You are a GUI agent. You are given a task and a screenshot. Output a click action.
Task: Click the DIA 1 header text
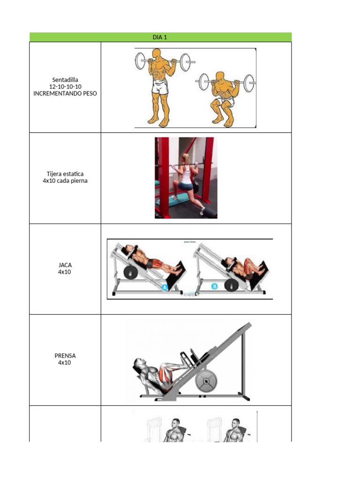point(160,37)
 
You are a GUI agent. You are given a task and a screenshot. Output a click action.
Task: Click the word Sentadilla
point(65,80)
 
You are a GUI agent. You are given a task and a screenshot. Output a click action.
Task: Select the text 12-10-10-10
point(65,87)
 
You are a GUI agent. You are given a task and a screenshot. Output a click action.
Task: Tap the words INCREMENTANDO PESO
point(65,94)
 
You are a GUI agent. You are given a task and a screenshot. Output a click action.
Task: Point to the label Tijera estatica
point(65,174)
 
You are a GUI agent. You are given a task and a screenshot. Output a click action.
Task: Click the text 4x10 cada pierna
point(65,181)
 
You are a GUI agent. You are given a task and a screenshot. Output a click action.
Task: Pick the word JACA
point(65,265)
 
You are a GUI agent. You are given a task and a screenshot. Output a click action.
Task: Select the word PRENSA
point(65,355)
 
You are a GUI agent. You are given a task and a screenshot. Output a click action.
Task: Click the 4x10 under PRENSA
point(65,362)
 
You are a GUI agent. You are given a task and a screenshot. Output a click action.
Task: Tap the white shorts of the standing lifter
point(160,87)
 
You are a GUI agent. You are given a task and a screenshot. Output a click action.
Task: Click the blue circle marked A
point(165,288)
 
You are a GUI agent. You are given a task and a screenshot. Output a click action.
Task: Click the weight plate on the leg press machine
point(206,382)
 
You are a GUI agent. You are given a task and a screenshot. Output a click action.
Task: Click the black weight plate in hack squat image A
point(130,273)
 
